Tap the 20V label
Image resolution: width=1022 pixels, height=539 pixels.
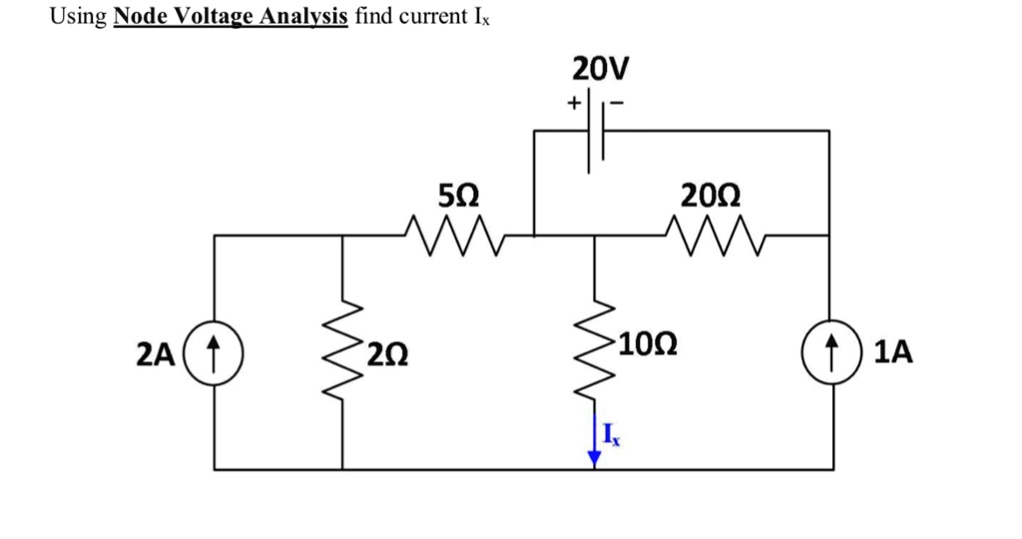[x=600, y=69]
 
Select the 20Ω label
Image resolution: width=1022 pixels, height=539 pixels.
[x=711, y=195]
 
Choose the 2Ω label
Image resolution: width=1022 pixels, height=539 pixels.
[x=388, y=355]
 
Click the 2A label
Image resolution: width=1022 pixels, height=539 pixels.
[x=156, y=355]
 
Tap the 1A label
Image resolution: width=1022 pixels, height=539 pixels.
[x=893, y=352]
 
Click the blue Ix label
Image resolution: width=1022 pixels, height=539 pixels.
[x=612, y=434]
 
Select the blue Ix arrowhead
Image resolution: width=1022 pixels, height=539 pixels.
[x=595, y=459]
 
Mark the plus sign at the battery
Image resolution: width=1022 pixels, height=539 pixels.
[x=574, y=103]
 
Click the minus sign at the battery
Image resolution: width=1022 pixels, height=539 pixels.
[x=617, y=103]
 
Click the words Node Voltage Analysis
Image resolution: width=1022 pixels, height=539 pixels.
[x=231, y=16]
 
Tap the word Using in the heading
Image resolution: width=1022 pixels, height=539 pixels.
[x=78, y=16]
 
